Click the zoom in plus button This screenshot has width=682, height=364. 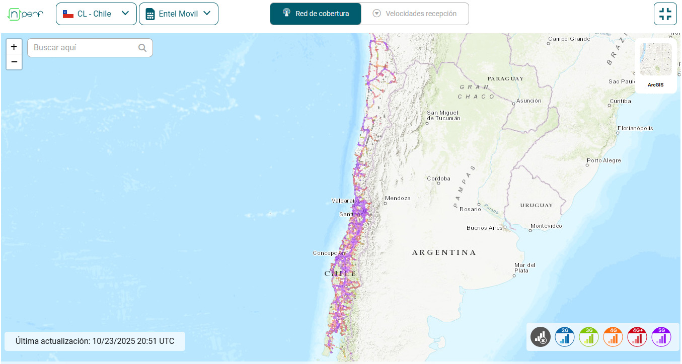click(x=14, y=47)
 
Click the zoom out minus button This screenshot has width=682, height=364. click(x=14, y=62)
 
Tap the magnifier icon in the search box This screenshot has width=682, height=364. click(x=142, y=48)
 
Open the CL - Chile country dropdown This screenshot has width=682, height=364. click(x=96, y=14)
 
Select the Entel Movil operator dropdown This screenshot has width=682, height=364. click(x=178, y=14)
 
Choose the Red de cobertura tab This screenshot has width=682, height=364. click(x=315, y=14)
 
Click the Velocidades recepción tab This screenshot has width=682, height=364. click(x=415, y=14)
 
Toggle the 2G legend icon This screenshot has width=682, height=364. click(x=565, y=337)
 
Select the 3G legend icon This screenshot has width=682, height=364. click(x=589, y=337)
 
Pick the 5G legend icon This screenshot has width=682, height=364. click(x=661, y=337)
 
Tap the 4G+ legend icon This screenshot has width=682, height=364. click(x=637, y=337)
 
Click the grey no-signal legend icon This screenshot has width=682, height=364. click(x=541, y=337)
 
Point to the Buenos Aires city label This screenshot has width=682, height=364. click(x=484, y=228)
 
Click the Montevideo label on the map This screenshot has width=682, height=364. click(x=546, y=226)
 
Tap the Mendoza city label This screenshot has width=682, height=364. click(x=398, y=198)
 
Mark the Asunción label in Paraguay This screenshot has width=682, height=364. click(x=529, y=101)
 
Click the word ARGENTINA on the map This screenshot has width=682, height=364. click(x=444, y=252)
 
